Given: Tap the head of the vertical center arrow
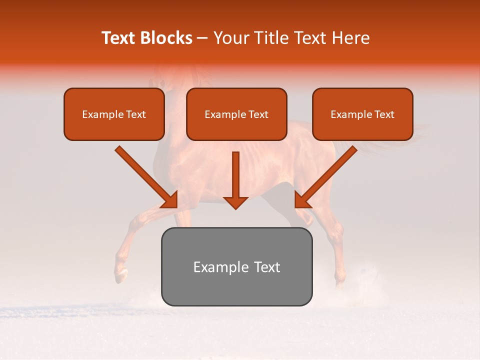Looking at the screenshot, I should coord(235,202).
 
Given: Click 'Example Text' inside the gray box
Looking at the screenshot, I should coord(236,267).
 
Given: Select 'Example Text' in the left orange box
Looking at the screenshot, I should coord(114,114).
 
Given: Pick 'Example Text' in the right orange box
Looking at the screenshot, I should coord(362,114).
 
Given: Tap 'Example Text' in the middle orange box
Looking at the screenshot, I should coord(236,114).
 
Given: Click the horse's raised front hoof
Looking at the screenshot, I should coord(120,275).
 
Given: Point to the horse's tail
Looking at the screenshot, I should coord(395,137).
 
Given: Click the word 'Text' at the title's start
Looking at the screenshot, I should coord(118,38).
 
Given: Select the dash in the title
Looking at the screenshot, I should coord(202,38).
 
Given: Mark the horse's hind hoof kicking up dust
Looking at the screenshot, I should coord(340,283).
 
